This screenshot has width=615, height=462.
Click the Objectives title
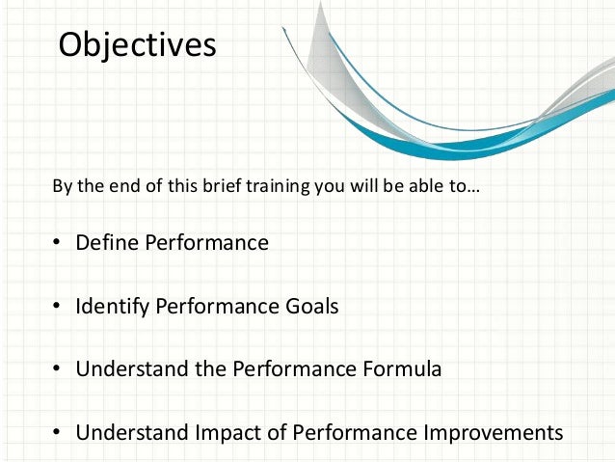tap(137, 45)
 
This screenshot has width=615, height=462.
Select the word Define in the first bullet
tap(108, 243)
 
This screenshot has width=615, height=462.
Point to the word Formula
tap(398, 369)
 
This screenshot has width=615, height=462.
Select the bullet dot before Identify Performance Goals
tap(57, 308)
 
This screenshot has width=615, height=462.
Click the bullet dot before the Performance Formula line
tap(57, 370)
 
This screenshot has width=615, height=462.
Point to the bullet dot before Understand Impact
tap(57, 433)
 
